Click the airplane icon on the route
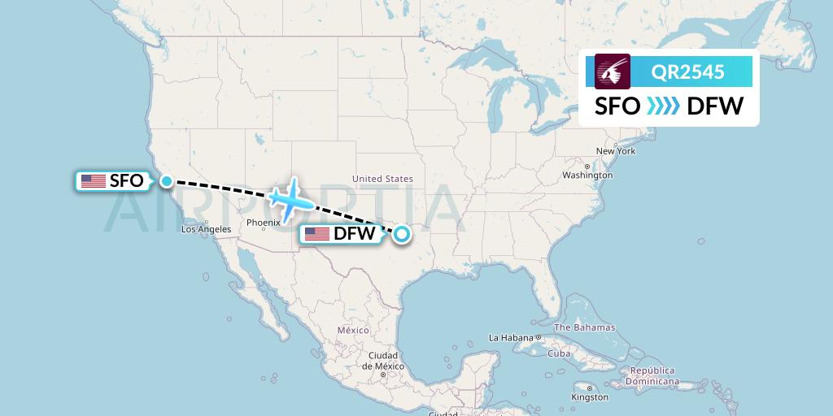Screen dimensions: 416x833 click(x=286, y=197)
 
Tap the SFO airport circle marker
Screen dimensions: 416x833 click(x=167, y=180)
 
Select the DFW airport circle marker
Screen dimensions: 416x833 click(x=402, y=235)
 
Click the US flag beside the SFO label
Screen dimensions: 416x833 click(x=94, y=181)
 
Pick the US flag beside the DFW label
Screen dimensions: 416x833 click(x=317, y=235)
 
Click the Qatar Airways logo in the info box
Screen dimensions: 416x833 click(x=613, y=71)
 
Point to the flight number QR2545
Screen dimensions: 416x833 click(x=688, y=71)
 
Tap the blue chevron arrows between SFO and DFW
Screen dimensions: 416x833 click(x=663, y=106)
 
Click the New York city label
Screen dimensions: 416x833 click(x=615, y=151)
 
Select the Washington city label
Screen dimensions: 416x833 click(x=587, y=175)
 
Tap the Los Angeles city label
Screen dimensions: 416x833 click(x=206, y=229)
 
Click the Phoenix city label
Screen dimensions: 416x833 click(x=263, y=222)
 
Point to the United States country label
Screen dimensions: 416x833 click(x=382, y=179)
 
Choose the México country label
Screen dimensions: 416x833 click(x=353, y=330)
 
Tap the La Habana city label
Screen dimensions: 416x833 click(x=509, y=337)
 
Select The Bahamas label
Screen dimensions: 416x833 click(x=584, y=327)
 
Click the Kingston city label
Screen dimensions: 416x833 click(x=590, y=397)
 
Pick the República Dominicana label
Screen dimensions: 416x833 click(x=652, y=375)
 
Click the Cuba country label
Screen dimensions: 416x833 click(x=559, y=353)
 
